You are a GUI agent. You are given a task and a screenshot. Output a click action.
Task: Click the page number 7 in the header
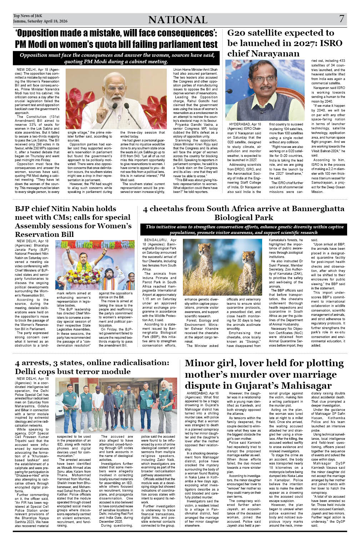(x=341, y=19)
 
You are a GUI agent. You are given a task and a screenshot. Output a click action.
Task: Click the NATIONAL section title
(x=177, y=20)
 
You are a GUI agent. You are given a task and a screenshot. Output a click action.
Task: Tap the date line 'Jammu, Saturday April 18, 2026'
(x=40, y=21)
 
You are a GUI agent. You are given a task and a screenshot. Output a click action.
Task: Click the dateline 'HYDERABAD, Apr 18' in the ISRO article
(x=245, y=124)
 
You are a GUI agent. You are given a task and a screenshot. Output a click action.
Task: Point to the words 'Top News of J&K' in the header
(x=27, y=16)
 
